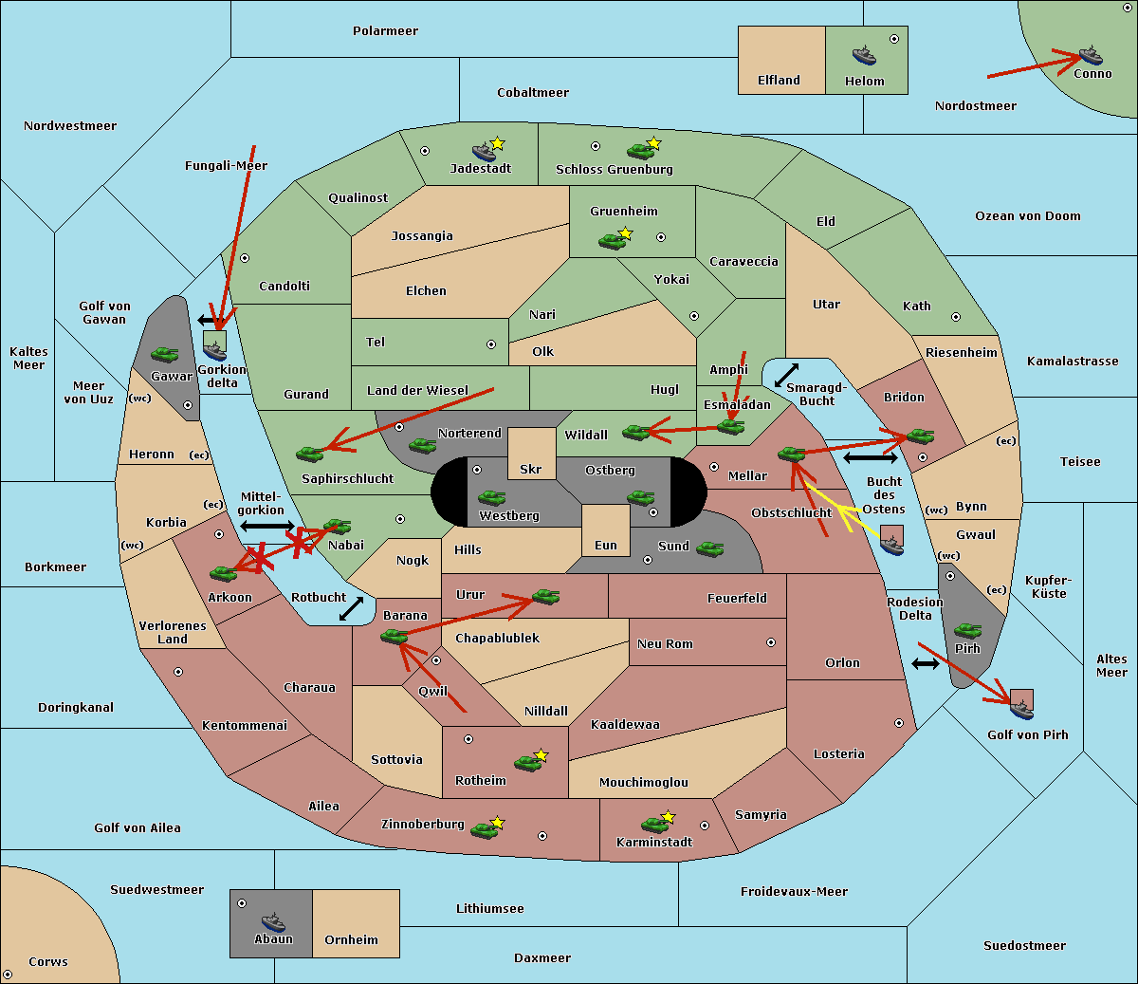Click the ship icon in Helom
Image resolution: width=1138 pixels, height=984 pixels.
(864, 55)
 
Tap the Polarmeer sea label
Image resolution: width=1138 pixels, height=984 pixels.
(385, 31)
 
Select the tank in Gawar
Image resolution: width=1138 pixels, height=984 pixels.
(165, 355)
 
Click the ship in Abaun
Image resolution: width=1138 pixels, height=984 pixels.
(273, 921)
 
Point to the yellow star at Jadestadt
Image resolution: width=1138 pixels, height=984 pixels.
(497, 143)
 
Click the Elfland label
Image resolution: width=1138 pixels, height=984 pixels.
(779, 81)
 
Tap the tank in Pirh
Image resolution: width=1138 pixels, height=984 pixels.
(967, 630)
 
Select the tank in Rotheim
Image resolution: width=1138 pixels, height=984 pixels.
(528, 763)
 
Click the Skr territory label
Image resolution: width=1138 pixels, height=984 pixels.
(531, 469)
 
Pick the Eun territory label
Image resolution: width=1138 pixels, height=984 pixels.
(606, 545)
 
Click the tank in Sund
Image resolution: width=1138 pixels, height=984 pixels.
(709, 548)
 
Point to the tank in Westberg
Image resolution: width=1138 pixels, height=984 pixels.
(491, 497)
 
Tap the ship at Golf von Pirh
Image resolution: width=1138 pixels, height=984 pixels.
(1022, 710)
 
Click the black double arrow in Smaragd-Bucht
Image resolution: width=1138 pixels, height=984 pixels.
(786, 375)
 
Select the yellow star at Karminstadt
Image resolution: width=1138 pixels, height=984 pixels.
(668, 817)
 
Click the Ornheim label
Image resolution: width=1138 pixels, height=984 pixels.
(351, 939)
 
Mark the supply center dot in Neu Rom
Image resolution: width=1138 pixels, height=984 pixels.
(771, 642)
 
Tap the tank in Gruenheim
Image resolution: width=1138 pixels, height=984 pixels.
(613, 241)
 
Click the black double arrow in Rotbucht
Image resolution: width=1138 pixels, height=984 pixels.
(351, 609)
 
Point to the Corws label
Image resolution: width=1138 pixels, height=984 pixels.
(48, 962)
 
